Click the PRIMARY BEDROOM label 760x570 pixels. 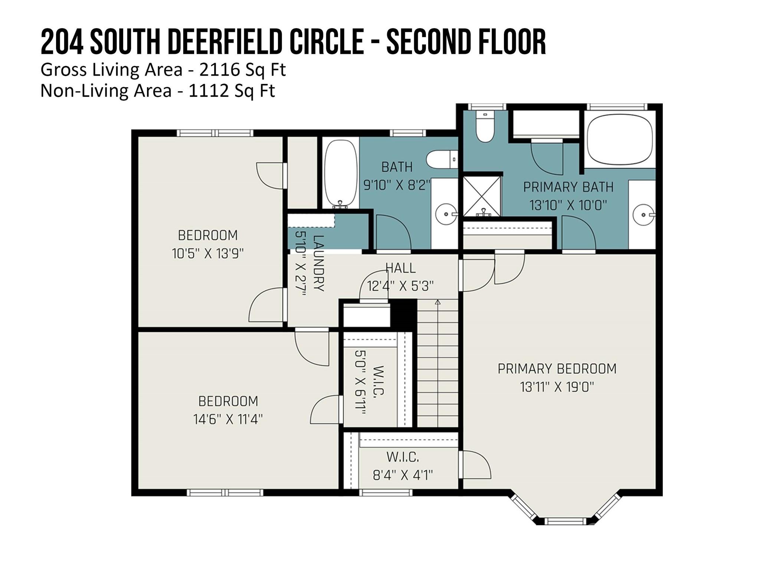point(557,369)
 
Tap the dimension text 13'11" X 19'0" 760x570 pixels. point(557,387)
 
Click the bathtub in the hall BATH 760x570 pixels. point(341,173)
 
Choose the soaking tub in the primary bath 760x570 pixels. point(620,139)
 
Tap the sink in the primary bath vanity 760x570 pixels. point(643,215)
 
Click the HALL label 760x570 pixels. point(400,268)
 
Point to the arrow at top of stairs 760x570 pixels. point(438,302)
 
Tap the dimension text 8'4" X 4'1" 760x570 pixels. point(403,475)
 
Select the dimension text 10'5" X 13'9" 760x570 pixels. point(208,254)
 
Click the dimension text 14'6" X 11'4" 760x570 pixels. point(228,420)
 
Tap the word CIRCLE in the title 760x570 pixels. point(326,42)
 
